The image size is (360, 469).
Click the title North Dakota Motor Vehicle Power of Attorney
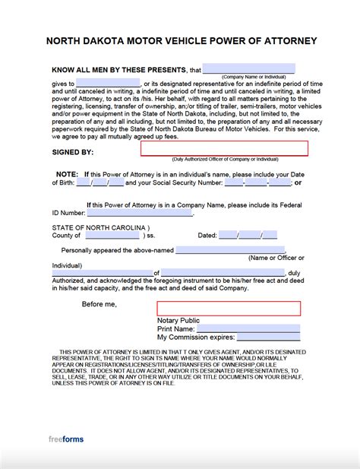[x=180, y=40]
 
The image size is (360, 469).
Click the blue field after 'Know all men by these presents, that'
[x=248, y=68]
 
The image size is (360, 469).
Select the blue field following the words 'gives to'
[x=108, y=83]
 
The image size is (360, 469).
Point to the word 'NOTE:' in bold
[x=66, y=174]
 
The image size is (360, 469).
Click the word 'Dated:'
[x=207, y=236]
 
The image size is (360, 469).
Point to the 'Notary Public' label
[x=178, y=320]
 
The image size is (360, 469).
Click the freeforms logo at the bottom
[x=68, y=439]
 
